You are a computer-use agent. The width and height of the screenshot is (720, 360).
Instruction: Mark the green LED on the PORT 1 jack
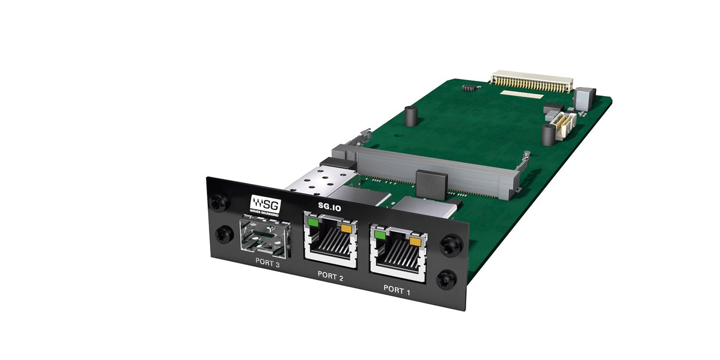click(x=379, y=235)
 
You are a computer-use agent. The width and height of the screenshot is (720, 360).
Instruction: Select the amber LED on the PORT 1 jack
click(x=415, y=242)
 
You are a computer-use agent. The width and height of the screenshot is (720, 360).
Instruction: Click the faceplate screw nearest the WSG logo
click(x=223, y=202)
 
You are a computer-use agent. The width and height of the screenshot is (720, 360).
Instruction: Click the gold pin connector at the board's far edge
click(x=531, y=81)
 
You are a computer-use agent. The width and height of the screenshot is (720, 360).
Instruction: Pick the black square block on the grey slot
click(x=431, y=183)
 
